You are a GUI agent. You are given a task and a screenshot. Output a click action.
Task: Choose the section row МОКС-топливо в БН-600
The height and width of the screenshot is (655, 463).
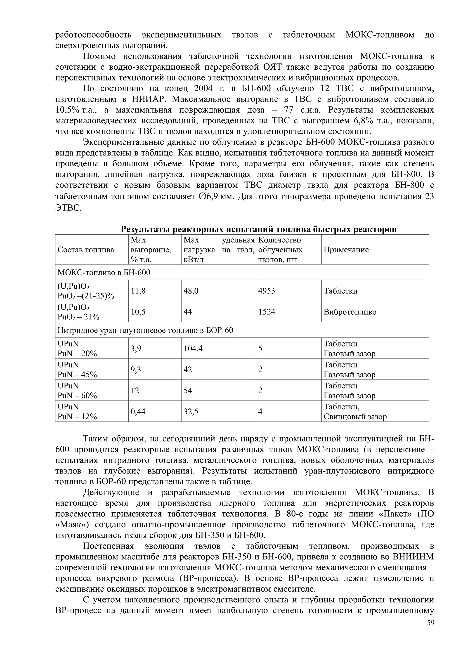(104, 272)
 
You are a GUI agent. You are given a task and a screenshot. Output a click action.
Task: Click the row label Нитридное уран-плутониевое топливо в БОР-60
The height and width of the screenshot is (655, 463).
(145, 330)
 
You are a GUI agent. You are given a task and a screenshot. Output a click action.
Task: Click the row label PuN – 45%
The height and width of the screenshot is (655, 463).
(77, 375)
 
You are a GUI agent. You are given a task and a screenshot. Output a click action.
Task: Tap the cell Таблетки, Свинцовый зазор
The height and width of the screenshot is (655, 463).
(355, 411)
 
